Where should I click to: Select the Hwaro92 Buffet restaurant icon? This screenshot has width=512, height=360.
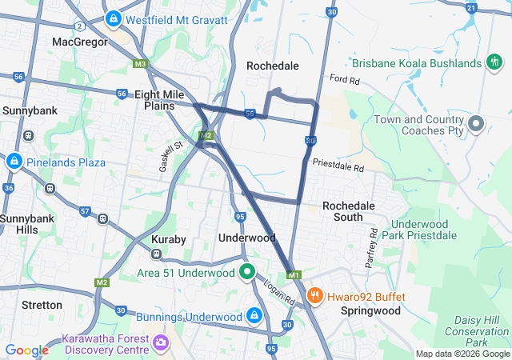pos(315,296)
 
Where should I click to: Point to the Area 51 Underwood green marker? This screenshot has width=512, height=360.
pos(248,273)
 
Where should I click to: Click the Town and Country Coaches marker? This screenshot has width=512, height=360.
pos(476,124)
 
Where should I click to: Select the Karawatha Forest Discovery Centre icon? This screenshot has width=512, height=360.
pos(162,342)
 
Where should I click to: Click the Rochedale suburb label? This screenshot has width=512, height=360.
pos(272,66)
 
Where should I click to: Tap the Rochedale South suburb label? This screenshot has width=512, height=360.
pos(348,211)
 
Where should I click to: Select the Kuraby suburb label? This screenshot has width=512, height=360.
pos(169,239)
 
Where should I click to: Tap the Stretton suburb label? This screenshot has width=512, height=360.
pos(42,305)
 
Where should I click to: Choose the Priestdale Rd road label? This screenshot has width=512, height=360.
pos(338,166)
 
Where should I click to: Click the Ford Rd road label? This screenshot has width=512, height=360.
pos(346,80)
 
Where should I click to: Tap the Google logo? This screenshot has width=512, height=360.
pos(26,350)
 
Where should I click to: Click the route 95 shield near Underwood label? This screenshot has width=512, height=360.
pos(240,217)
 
